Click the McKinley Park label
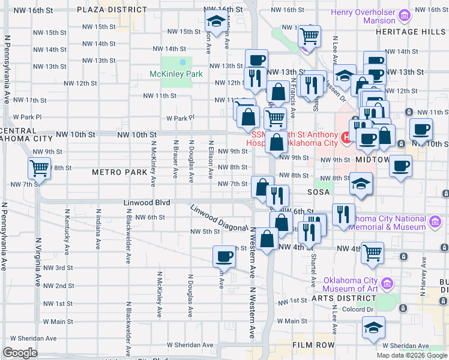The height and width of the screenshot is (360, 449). (170, 74)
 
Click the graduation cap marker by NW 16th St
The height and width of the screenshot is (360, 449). (215, 21)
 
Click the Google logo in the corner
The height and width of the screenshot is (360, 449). (20, 352)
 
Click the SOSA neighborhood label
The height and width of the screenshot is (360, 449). (319, 192)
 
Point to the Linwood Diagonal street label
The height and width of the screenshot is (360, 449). (219, 218)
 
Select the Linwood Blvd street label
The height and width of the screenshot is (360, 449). (147, 203)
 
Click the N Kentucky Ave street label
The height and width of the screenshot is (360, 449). (67, 229)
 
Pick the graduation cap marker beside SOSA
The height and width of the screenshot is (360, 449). (361, 184)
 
